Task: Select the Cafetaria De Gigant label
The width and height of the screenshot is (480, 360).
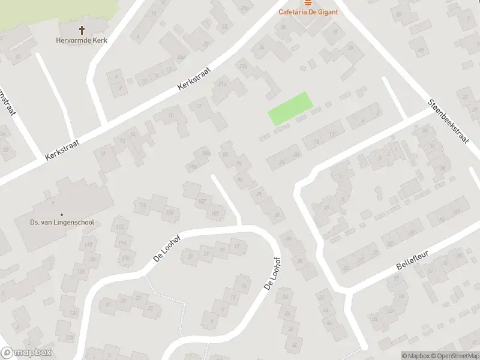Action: tap(308, 11)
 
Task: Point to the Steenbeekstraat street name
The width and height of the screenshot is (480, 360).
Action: tap(448, 120)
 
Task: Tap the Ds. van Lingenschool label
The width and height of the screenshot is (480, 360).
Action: tap(62, 223)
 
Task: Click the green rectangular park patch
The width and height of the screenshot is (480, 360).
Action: tap(291, 108)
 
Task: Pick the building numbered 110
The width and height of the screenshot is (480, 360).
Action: tap(143, 205)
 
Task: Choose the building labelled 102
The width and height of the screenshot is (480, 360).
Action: tap(202, 201)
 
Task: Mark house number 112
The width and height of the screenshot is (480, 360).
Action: tap(121, 227)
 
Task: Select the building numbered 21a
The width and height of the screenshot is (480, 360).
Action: tap(222, 85)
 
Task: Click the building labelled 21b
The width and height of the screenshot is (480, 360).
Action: tap(244, 65)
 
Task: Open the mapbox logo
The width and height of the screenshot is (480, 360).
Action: tap(26, 353)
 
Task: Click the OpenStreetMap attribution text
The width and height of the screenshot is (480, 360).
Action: tap(452, 356)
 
